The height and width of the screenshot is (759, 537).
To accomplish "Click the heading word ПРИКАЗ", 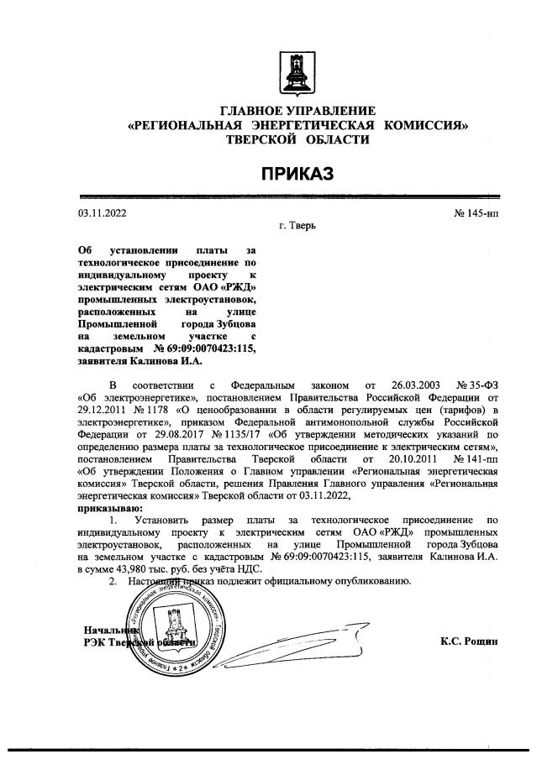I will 297,173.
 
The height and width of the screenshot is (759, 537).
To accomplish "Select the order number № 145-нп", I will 476,213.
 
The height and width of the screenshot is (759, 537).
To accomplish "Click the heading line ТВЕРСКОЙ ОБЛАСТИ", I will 297,139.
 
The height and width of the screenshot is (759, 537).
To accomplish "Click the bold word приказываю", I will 110,509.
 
